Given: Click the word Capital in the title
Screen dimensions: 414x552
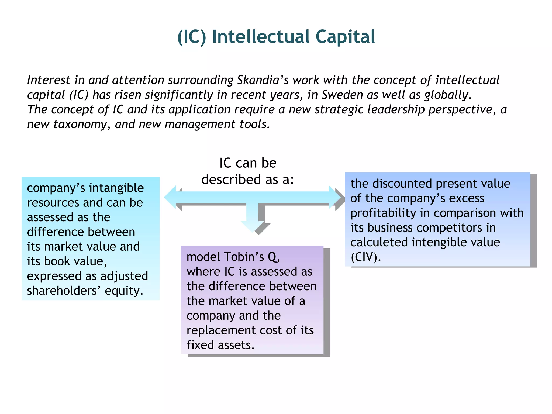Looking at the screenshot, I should pyautogui.click(x=345, y=37).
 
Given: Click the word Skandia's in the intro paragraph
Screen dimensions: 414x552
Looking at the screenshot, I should pyautogui.click(x=263, y=80).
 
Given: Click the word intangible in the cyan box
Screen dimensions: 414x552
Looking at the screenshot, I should pyautogui.click(x=116, y=188).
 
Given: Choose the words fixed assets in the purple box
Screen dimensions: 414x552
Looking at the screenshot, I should pyautogui.click(x=220, y=345).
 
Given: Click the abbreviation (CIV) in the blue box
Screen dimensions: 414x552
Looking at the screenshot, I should pyautogui.click(x=365, y=257).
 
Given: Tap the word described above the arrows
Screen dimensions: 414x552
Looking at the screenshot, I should pyautogui.click(x=231, y=180).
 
